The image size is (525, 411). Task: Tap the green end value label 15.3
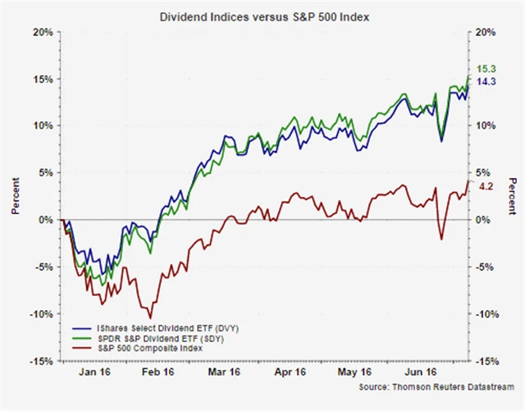tap(486, 69)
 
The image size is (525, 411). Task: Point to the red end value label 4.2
tap(485, 187)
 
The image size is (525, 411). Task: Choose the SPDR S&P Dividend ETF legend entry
tap(151, 338)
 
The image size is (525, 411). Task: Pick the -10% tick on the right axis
tap(488, 314)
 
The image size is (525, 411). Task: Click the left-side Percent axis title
tap(16, 197)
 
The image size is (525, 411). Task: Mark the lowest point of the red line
tap(150, 317)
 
